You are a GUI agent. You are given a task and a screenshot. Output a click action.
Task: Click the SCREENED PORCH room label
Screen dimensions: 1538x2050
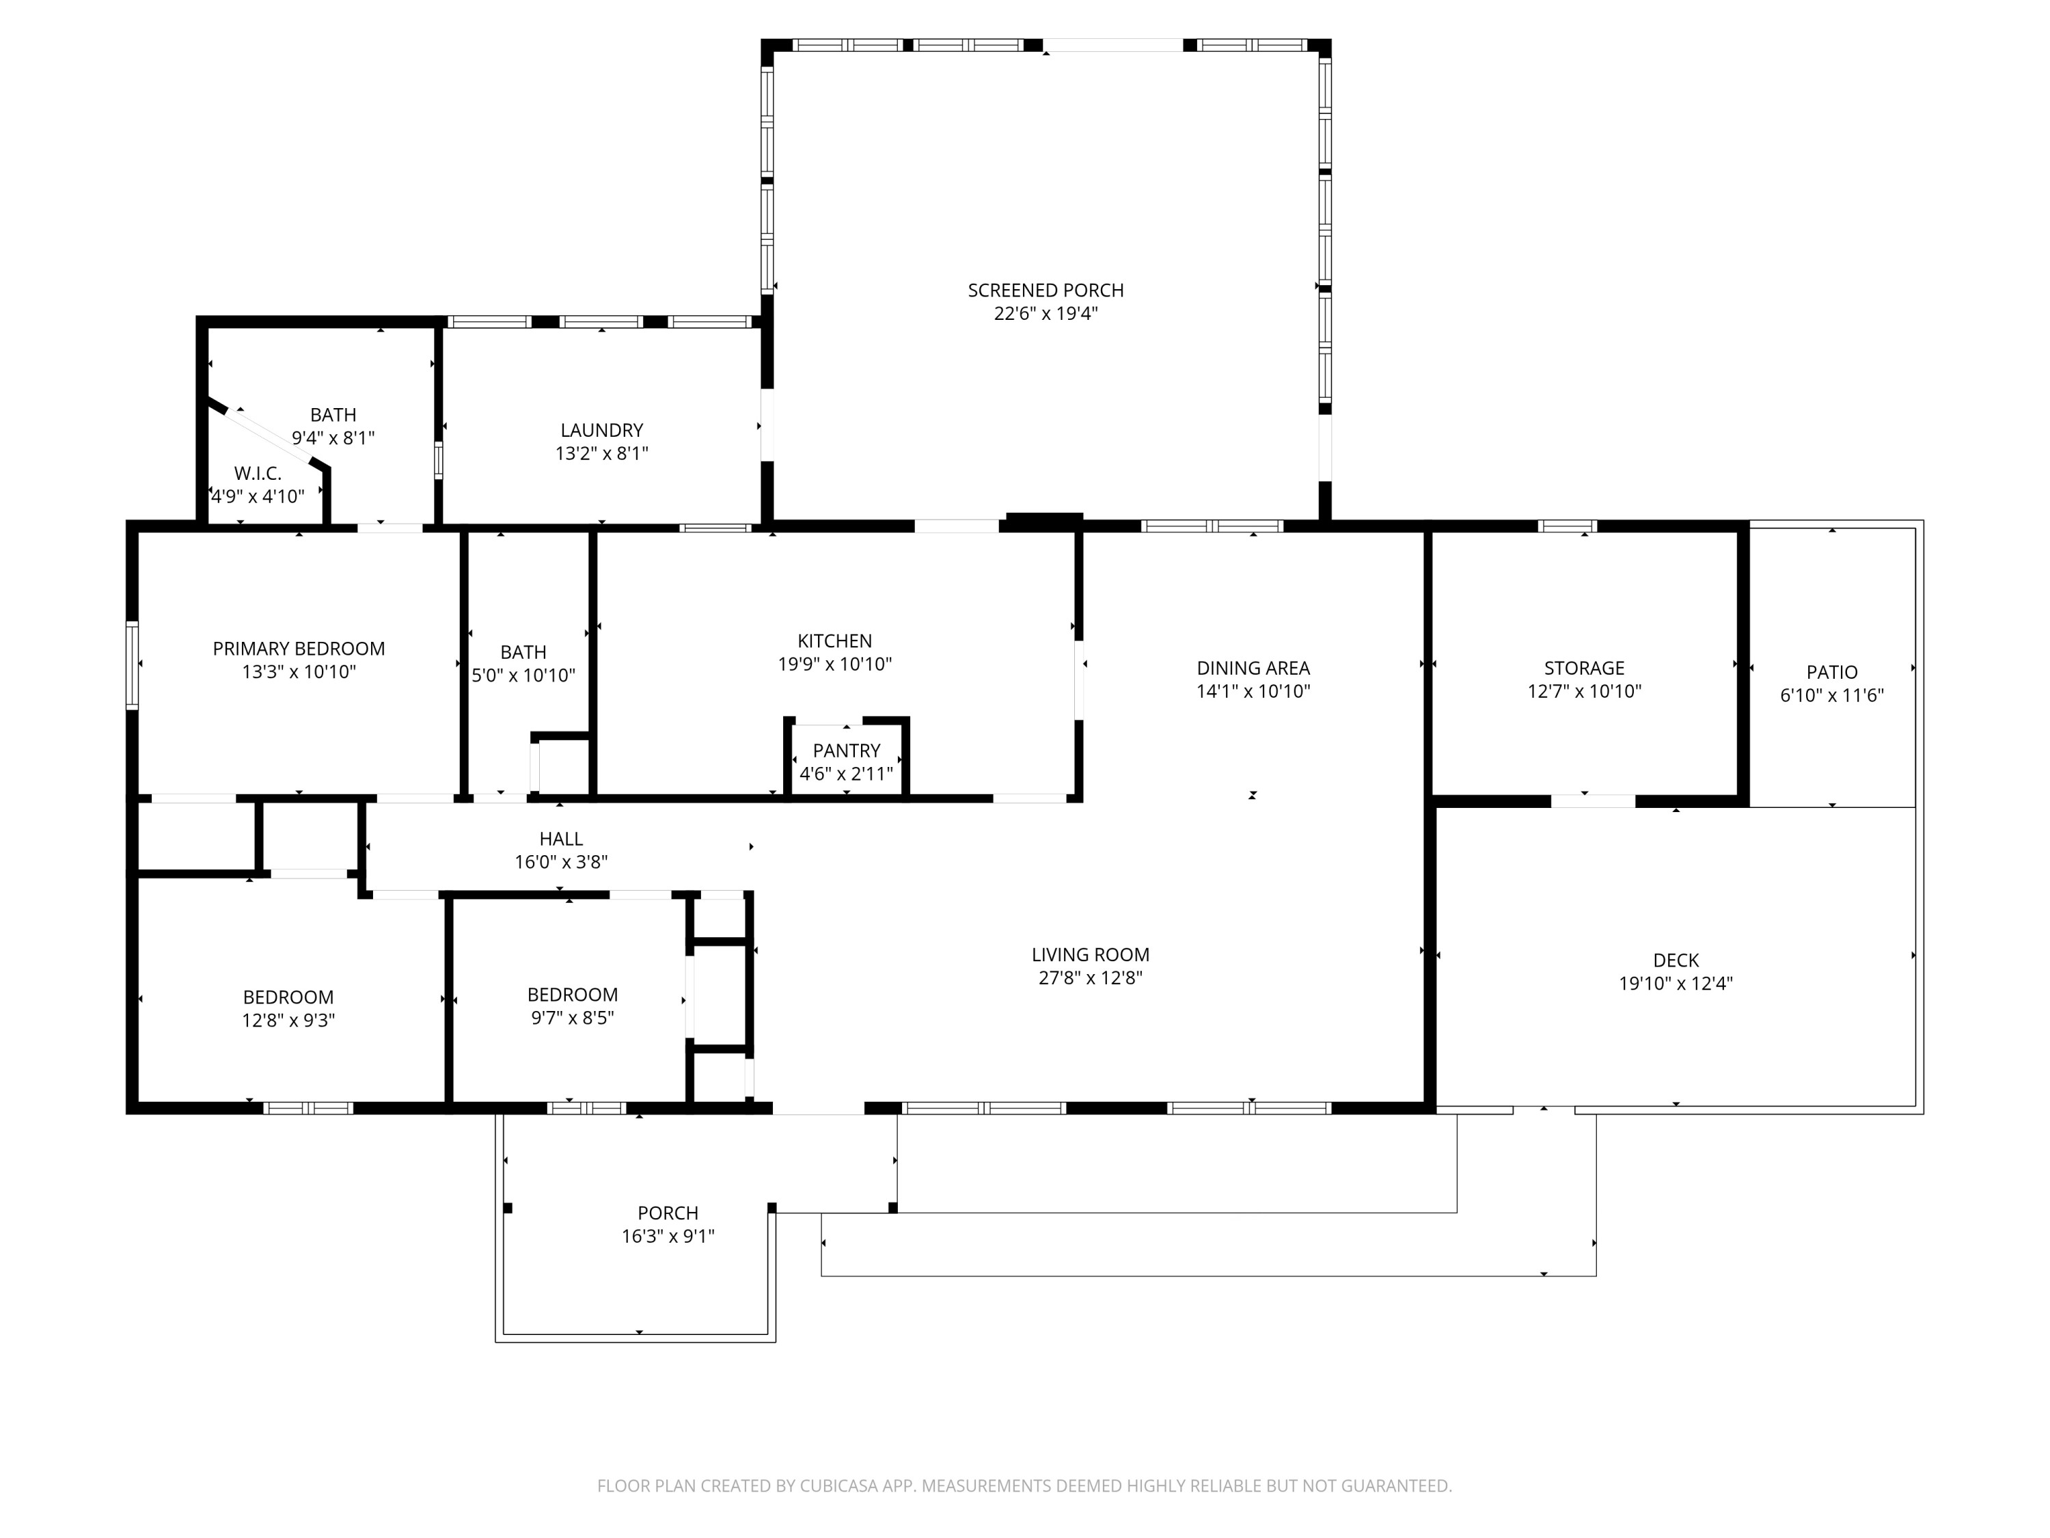point(1045,291)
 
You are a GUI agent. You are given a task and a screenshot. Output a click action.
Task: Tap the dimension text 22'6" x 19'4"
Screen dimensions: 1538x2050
point(1045,313)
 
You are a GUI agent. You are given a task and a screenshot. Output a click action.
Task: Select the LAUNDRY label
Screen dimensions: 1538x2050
point(601,430)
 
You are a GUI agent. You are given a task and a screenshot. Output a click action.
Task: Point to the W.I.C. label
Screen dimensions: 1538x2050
point(258,474)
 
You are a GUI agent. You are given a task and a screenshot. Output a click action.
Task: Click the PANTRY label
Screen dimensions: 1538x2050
point(846,750)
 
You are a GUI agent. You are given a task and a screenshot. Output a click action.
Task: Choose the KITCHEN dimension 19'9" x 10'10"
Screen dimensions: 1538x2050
point(834,664)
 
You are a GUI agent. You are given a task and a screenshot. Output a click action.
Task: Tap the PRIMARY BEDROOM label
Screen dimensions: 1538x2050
point(299,649)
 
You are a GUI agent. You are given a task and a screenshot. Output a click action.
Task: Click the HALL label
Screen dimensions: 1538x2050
point(561,839)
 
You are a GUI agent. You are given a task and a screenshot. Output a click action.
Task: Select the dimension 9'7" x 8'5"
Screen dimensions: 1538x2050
point(572,1018)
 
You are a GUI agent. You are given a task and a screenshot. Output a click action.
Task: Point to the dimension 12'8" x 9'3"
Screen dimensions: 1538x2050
point(288,1021)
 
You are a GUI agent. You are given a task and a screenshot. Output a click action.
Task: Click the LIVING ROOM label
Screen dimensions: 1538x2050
point(1090,955)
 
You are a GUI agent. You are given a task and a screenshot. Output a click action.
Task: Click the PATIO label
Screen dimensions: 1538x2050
point(1831,672)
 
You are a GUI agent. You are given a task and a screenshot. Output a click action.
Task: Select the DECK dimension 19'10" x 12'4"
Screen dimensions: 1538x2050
point(1676,984)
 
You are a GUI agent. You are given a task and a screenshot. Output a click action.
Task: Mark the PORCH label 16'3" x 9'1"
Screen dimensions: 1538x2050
point(667,1236)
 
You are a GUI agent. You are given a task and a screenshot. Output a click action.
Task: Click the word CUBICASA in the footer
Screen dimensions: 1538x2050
point(838,1486)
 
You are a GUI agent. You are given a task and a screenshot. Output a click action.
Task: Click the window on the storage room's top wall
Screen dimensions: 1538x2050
point(1567,526)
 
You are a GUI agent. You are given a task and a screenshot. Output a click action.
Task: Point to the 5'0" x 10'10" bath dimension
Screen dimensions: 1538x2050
point(523,676)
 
